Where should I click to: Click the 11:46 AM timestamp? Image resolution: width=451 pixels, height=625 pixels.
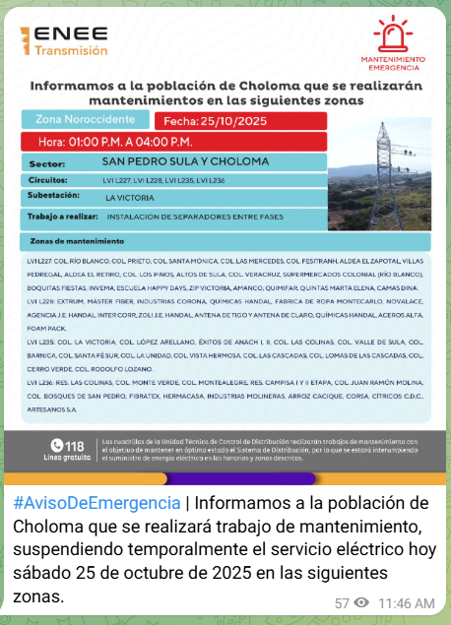[406, 602]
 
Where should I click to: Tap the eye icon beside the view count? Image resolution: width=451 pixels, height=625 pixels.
[361, 602]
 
